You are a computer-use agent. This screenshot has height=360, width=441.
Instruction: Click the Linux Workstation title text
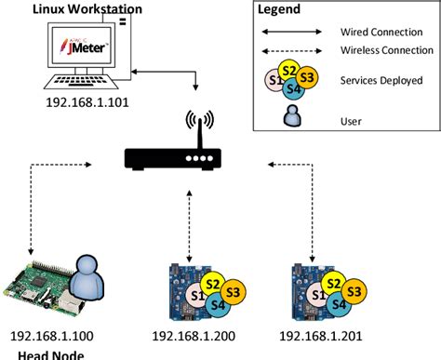86,9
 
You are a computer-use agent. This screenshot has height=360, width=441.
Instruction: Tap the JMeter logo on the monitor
86,44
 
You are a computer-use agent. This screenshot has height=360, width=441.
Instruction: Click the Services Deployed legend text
381,80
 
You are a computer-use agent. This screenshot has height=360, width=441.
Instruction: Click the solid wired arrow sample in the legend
290,32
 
